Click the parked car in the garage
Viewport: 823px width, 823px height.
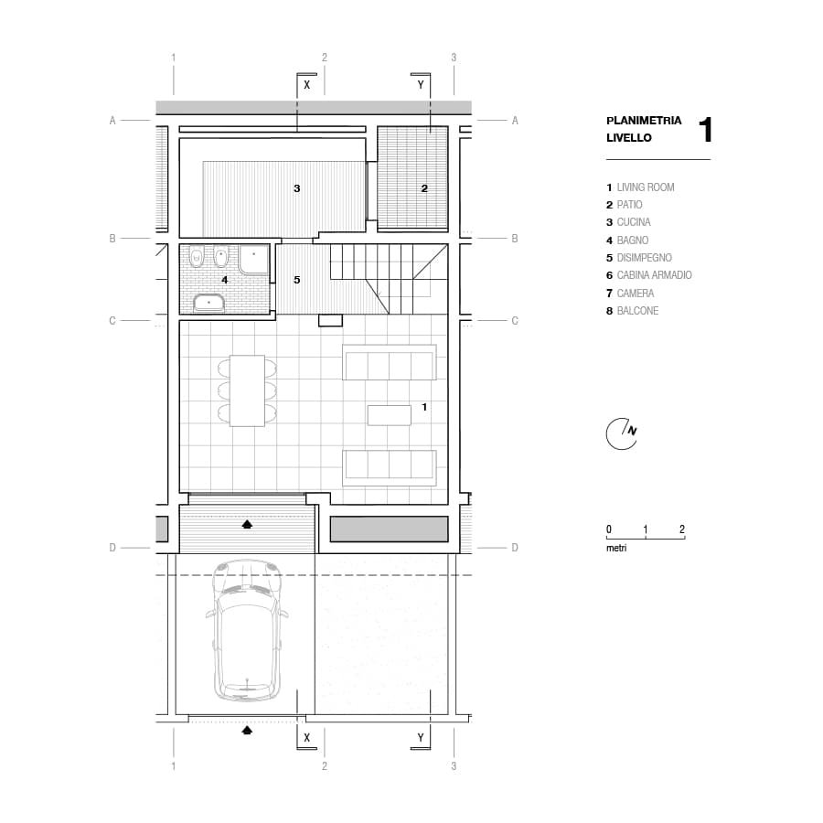[x=247, y=630]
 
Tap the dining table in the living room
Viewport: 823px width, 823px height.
[x=247, y=390]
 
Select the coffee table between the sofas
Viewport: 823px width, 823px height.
[x=389, y=415]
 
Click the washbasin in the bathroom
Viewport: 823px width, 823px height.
[x=208, y=304]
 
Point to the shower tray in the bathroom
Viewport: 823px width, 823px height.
[x=254, y=259]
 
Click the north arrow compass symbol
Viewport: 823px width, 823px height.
[x=622, y=434]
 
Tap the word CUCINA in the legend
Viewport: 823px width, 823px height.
[x=634, y=222]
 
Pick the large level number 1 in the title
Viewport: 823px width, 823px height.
[x=706, y=130]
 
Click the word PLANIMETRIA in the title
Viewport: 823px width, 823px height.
[x=644, y=120]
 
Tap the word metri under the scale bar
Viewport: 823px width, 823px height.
[x=616, y=548]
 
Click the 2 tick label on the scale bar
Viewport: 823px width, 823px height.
[x=682, y=529]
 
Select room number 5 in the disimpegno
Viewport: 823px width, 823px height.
[x=296, y=280]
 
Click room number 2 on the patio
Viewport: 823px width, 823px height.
[x=424, y=187]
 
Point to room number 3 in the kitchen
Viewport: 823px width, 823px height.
[x=296, y=187]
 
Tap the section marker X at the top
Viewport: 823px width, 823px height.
[x=307, y=84]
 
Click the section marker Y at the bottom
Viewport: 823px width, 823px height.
[x=421, y=737]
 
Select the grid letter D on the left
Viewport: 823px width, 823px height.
[x=112, y=548]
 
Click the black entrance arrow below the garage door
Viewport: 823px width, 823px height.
[x=247, y=730]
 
